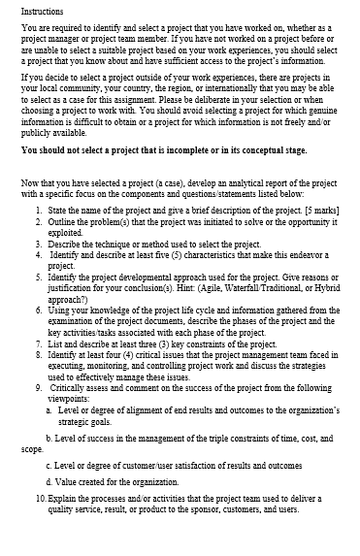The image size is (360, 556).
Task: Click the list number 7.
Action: pyautogui.click(x=37, y=343)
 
